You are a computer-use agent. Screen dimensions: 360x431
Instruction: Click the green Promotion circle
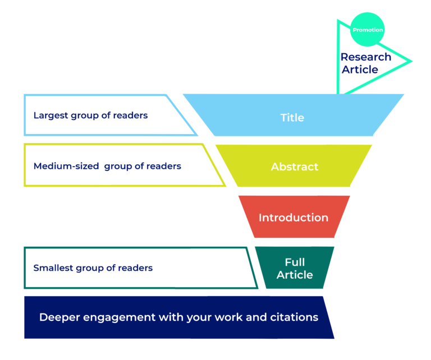368,30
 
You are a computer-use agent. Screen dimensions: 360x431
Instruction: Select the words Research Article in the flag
365,63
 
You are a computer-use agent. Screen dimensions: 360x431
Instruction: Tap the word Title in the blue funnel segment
292,118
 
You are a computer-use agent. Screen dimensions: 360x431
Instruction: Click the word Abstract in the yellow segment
294,167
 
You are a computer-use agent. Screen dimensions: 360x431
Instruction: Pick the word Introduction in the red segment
293,218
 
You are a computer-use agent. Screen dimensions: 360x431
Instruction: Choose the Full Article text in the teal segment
295,268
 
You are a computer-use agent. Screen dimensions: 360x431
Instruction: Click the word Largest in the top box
51,116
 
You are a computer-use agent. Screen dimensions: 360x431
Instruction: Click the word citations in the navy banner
294,317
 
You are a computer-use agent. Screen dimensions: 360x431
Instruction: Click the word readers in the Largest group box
130,116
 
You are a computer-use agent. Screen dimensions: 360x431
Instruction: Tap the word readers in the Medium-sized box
163,166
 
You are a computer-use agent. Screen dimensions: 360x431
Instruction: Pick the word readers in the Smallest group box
135,267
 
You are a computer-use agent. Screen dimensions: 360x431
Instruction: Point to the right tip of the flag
411,61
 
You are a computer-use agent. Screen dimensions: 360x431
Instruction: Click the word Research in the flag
365,57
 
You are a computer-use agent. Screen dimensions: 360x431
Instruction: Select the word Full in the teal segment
295,262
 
